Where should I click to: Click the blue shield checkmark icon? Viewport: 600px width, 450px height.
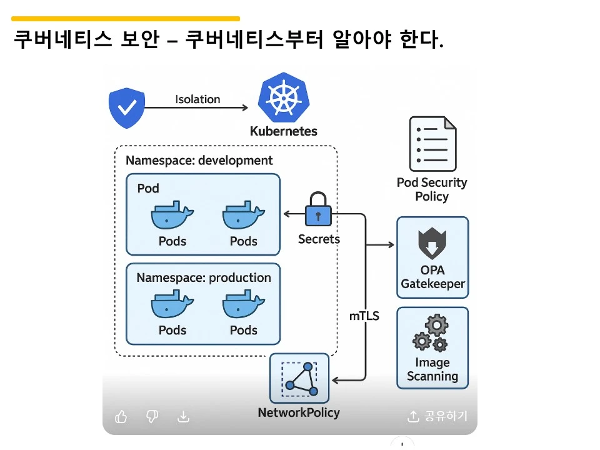pyautogui.click(x=127, y=108)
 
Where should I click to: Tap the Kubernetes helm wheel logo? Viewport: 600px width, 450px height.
pyautogui.click(x=283, y=98)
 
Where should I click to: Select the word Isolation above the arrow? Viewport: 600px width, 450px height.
pyautogui.click(x=197, y=99)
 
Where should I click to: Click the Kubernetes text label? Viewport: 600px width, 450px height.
pyautogui.click(x=283, y=131)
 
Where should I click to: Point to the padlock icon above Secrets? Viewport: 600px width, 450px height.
pyautogui.click(x=318, y=209)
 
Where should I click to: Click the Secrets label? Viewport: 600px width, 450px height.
pyautogui.click(x=319, y=239)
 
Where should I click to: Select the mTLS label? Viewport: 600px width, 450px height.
pyautogui.click(x=364, y=316)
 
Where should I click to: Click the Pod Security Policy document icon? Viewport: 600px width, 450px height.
pyautogui.click(x=432, y=144)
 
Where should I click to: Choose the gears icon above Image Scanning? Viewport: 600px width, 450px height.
pyautogui.click(x=431, y=333)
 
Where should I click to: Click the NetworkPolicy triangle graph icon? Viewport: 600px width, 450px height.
pyautogui.click(x=299, y=379)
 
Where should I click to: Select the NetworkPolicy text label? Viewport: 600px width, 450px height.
pyautogui.click(x=299, y=412)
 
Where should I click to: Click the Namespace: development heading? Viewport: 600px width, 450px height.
pyautogui.click(x=199, y=161)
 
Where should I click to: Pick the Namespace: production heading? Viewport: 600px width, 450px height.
pyautogui.click(x=204, y=277)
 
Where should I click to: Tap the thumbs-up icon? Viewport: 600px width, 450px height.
pyautogui.click(x=121, y=417)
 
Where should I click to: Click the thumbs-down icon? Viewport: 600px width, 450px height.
pyautogui.click(x=152, y=417)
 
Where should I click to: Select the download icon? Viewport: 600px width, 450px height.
pyautogui.click(x=183, y=417)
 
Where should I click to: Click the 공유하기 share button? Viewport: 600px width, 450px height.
pyautogui.click(x=437, y=417)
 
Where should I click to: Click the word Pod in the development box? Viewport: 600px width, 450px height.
pyautogui.click(x=148, y=188)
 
